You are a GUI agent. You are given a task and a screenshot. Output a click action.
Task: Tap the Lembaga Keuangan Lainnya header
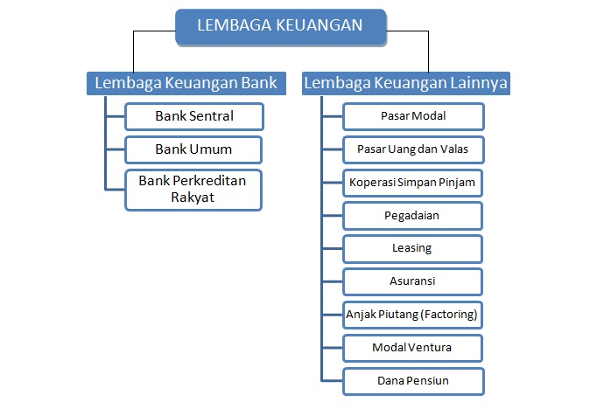[x=405, y=83]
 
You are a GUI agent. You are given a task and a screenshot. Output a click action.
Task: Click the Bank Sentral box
[x=193, y=115]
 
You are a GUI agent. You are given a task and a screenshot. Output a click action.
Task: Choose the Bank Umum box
[x=193, y=149]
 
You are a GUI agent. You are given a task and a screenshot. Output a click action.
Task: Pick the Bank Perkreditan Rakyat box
[x=193, y=189]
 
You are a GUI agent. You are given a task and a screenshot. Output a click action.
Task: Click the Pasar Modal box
[x=411, y=115]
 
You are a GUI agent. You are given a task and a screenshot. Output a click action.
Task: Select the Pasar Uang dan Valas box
[x=411, y=149]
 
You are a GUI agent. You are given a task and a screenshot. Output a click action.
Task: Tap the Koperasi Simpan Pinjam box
[x=411, y=182]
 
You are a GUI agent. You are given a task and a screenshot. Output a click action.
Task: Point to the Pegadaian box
[x=411, y=215]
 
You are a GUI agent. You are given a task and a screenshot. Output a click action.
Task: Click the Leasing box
[x=411, y=248]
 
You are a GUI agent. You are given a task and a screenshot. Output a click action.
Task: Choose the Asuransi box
[x=411, y=281]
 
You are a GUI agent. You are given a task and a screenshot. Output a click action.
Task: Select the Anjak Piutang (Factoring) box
[x=411, y=314]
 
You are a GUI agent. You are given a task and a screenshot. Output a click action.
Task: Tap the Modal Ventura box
[x=411, y=347]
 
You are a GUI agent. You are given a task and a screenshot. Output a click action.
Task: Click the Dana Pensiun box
[x=411, y=380]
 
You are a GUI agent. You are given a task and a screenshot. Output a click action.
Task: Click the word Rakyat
[x=193, y=198]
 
